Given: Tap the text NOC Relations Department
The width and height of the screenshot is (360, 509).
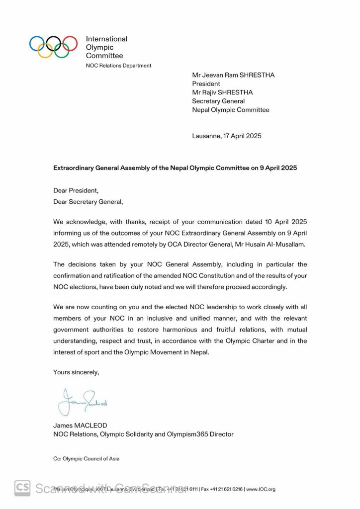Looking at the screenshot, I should (119, 66).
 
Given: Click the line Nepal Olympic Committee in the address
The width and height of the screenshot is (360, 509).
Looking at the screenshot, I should (231, 110).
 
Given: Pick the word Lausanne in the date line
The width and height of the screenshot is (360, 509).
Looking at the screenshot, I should (206, 136).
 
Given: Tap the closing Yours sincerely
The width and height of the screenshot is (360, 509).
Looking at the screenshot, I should (76, 372).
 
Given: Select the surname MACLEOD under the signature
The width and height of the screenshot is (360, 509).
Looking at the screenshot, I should (92, 425).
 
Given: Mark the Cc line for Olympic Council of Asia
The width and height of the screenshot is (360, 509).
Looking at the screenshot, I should (86, 459).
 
